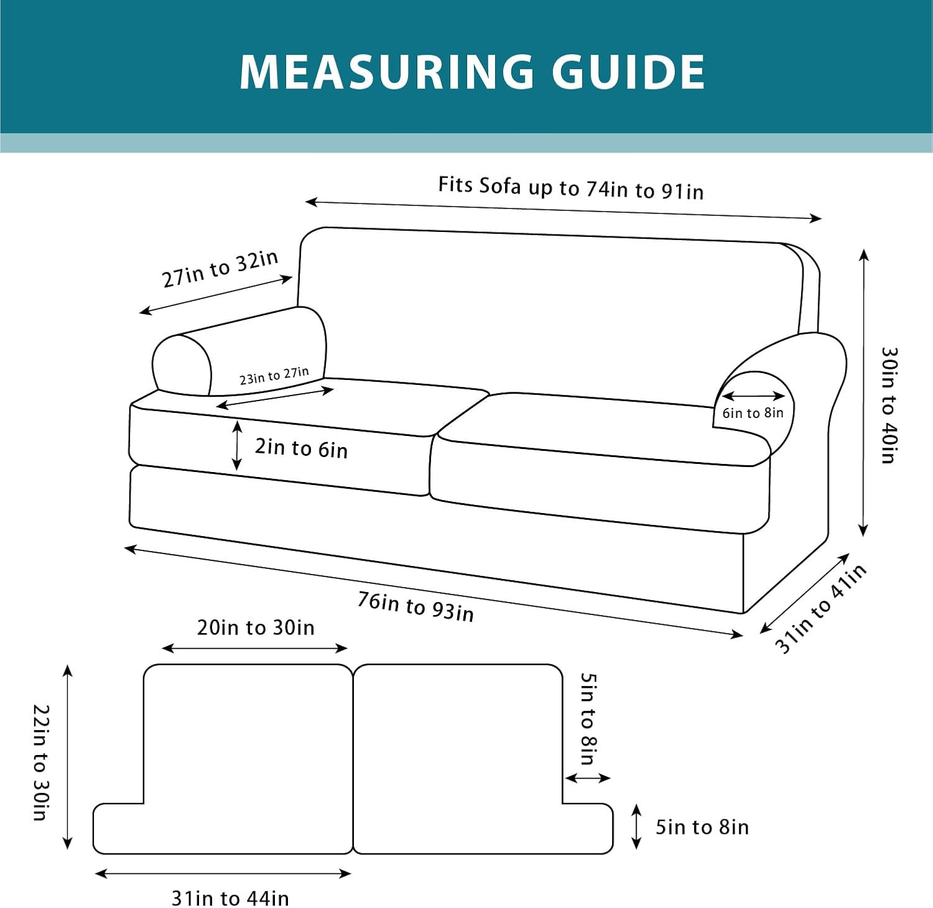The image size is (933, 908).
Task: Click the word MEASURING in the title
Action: pyautogui.click(x=386, y=72)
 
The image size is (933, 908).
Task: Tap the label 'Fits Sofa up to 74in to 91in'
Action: pyautogui.click(x=570, y=187)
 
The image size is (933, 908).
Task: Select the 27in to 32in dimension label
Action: pyautogui.click(x=220, y=269)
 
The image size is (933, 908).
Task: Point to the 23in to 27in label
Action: pyautogui.click(x=274, y=376)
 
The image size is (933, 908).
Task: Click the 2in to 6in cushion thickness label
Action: pyautogui.click(x=301, y=448)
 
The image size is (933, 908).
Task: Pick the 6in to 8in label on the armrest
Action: pyautogui.click(x=753, y=413)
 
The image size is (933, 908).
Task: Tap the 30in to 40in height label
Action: pyautogui.click(x=889, y=405)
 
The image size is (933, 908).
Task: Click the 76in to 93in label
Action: pyautogui.click(x=415, y=606)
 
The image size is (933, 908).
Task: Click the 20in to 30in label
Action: pyautogui.click(x=256, y=628)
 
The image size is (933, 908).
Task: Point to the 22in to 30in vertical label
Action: pyautogui.click(x=40, y=762)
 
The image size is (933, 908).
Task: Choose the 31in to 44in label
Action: pyautogui.click(x=230, y=898)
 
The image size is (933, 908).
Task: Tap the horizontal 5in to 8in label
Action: pyautogui.click(x=702, y=827)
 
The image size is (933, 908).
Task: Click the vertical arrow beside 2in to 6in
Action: pyautogui.click(x=236, y=445)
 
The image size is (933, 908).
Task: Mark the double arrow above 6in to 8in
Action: pyautogui.click(x=753, y=396)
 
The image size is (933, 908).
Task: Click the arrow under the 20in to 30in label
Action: pyautogui.click(x=254, y=648)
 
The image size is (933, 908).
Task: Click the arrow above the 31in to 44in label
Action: pyautogui.click(x=223, y=874)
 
